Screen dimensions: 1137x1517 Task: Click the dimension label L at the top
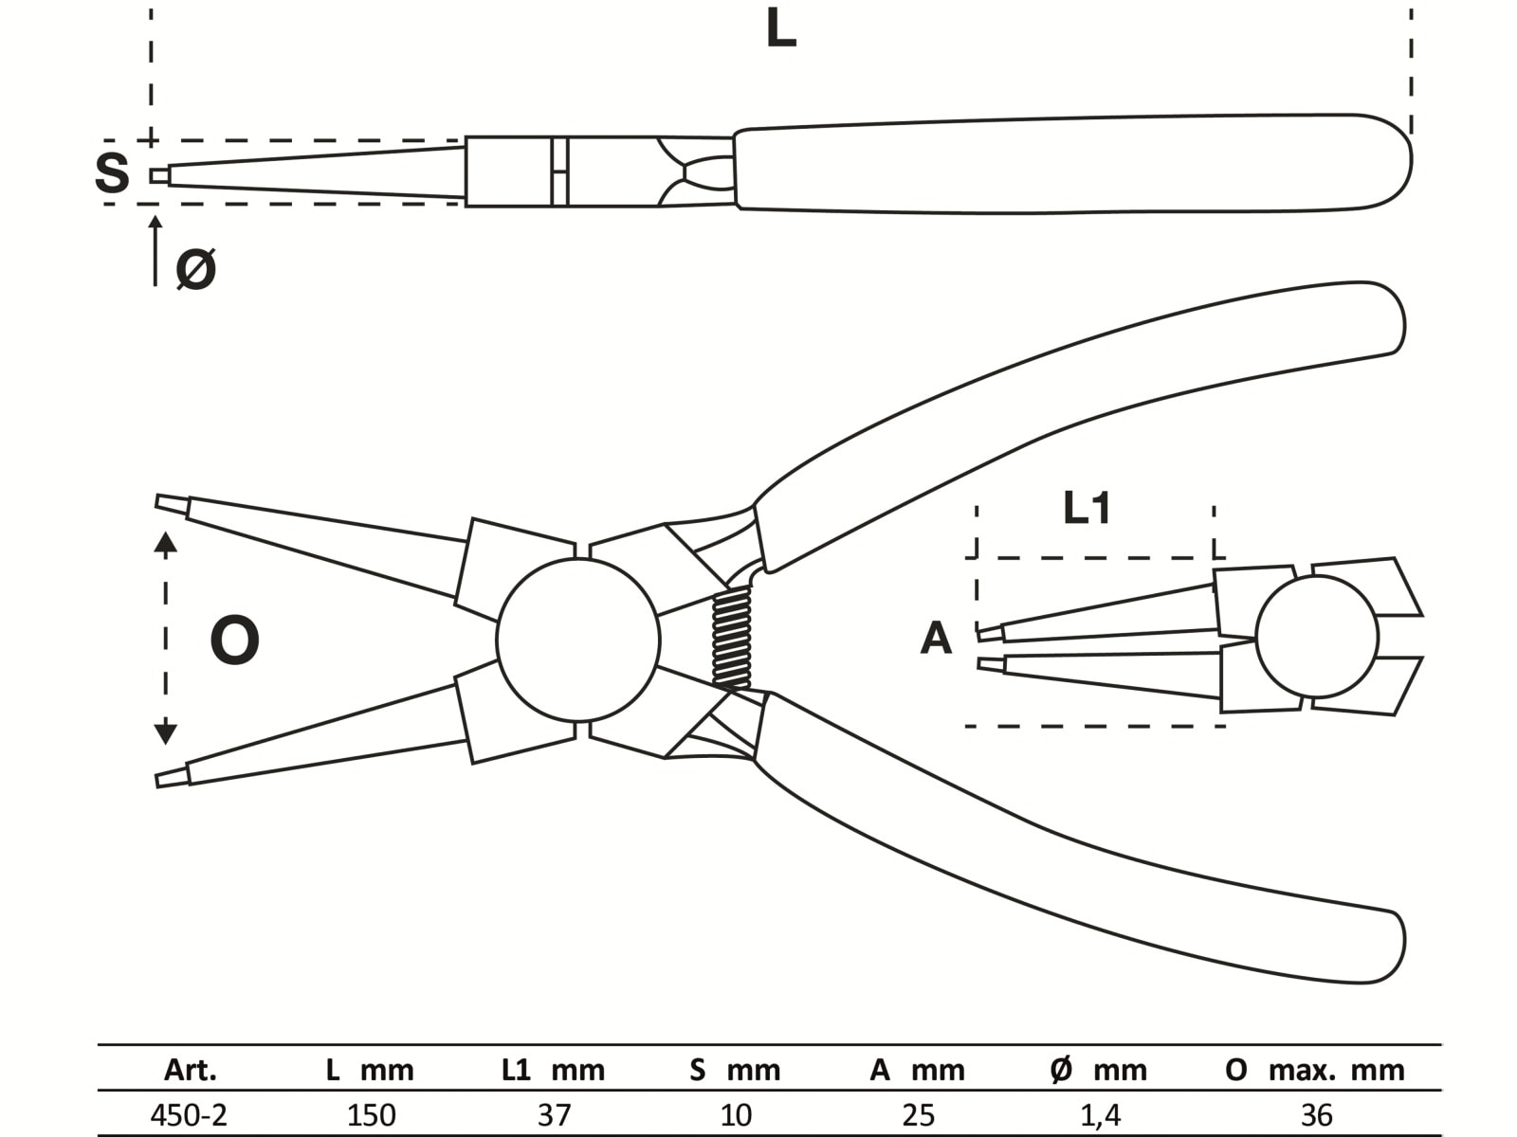[780, 30]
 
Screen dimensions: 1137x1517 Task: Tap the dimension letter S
[112, 173]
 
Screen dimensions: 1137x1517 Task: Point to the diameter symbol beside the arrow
[196, 269]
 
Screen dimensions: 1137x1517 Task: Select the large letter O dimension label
[234, 641]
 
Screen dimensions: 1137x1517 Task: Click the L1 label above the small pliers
[1087, 509]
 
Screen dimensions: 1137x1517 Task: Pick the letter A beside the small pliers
[936, 639]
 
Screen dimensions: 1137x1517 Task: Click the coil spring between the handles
[731, 637]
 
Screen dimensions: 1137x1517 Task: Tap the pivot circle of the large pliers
[577, 641]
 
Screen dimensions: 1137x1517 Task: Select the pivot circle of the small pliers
[1317, 636]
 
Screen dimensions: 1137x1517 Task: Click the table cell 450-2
[189, 1115]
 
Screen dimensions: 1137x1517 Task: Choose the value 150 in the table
[371, 1115]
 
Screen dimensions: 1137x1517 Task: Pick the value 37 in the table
[555, 1115]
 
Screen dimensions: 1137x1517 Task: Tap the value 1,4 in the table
[1100, 1115]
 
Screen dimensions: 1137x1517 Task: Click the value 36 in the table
[1317, 1115]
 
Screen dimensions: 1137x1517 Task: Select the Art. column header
[191, 1071]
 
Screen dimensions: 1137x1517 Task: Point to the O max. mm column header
[1314, 1071]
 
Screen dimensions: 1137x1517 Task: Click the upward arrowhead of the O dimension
[166, 542]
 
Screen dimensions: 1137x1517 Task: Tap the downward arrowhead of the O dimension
[166, 731]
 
